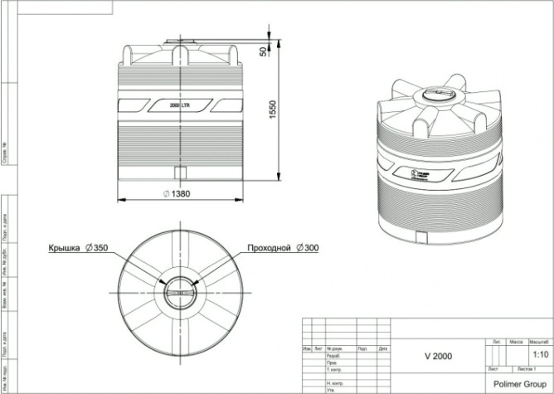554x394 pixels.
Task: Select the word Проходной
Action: click(x=270, y=249)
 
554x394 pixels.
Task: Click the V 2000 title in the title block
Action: click(x=440, y=356)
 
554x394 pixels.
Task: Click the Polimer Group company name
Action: click(x=520, y=385)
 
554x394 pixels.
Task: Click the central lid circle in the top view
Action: click(x=178, y=292)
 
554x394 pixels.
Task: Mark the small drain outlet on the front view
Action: click(x=179, y=172)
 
